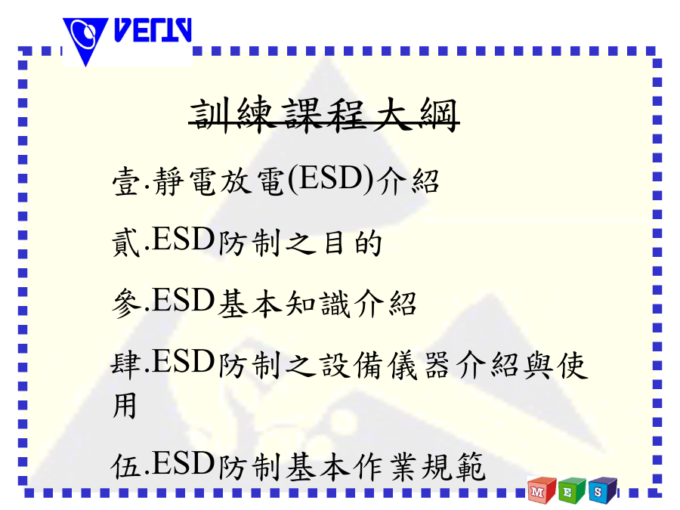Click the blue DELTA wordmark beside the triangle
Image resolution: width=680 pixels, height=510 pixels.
pos(153,30)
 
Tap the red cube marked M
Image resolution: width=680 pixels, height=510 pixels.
pos(541,490)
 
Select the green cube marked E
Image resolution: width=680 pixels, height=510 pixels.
pos(572,490)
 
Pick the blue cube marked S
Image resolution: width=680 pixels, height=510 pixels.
pos(602,490)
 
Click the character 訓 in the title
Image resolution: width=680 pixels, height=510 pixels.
pos(210,115)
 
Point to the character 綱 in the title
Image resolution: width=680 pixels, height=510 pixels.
pos(439,115)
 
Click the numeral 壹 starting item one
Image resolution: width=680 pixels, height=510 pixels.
pos(126,181)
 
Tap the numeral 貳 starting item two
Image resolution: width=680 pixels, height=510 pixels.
pos(126,242)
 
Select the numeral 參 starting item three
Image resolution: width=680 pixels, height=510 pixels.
pos(126,303)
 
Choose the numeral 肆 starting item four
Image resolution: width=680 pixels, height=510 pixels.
pos(126,364)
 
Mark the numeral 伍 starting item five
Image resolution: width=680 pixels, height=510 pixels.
pos(126,465)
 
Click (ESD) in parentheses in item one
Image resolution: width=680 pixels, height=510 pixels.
pos(330,180)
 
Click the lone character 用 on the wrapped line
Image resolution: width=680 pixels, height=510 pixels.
pos(125,406)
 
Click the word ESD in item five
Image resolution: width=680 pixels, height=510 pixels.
pos(183,463)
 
